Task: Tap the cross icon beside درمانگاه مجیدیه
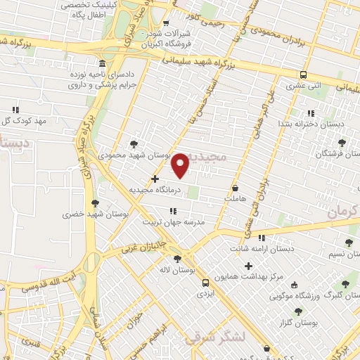155,179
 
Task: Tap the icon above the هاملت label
235,189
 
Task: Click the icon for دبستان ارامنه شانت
262,238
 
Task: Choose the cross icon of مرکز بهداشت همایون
248,266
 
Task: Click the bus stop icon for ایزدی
205,283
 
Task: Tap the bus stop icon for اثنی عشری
303,75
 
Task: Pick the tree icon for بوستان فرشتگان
342,143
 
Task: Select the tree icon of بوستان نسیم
349,243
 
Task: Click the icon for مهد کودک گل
15,109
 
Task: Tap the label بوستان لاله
176,269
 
